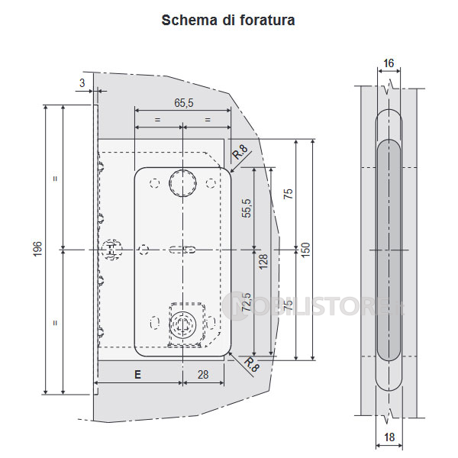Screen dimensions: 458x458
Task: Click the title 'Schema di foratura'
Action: tap(228, 20)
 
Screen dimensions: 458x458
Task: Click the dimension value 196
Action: tap(37, 249)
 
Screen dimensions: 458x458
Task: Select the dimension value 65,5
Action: tap(182, 102)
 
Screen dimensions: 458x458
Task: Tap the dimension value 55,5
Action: tap(247, 208)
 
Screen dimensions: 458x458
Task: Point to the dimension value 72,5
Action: tap(247, 303)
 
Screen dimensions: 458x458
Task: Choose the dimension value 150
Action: tap(305, 249)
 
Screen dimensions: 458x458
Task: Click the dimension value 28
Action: tap(203, 375)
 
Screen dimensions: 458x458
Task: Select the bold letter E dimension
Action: tap(137, 375)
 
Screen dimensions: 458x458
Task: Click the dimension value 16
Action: tap(389, 63)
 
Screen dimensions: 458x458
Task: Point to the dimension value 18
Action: tap(389, 438)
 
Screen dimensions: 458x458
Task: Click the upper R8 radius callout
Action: tap(240, 151)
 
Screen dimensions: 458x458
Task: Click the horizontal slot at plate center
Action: tap(183, 250)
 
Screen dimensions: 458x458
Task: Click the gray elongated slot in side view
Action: tap(389, 250)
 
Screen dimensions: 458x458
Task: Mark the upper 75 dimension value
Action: tap(287, 194)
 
